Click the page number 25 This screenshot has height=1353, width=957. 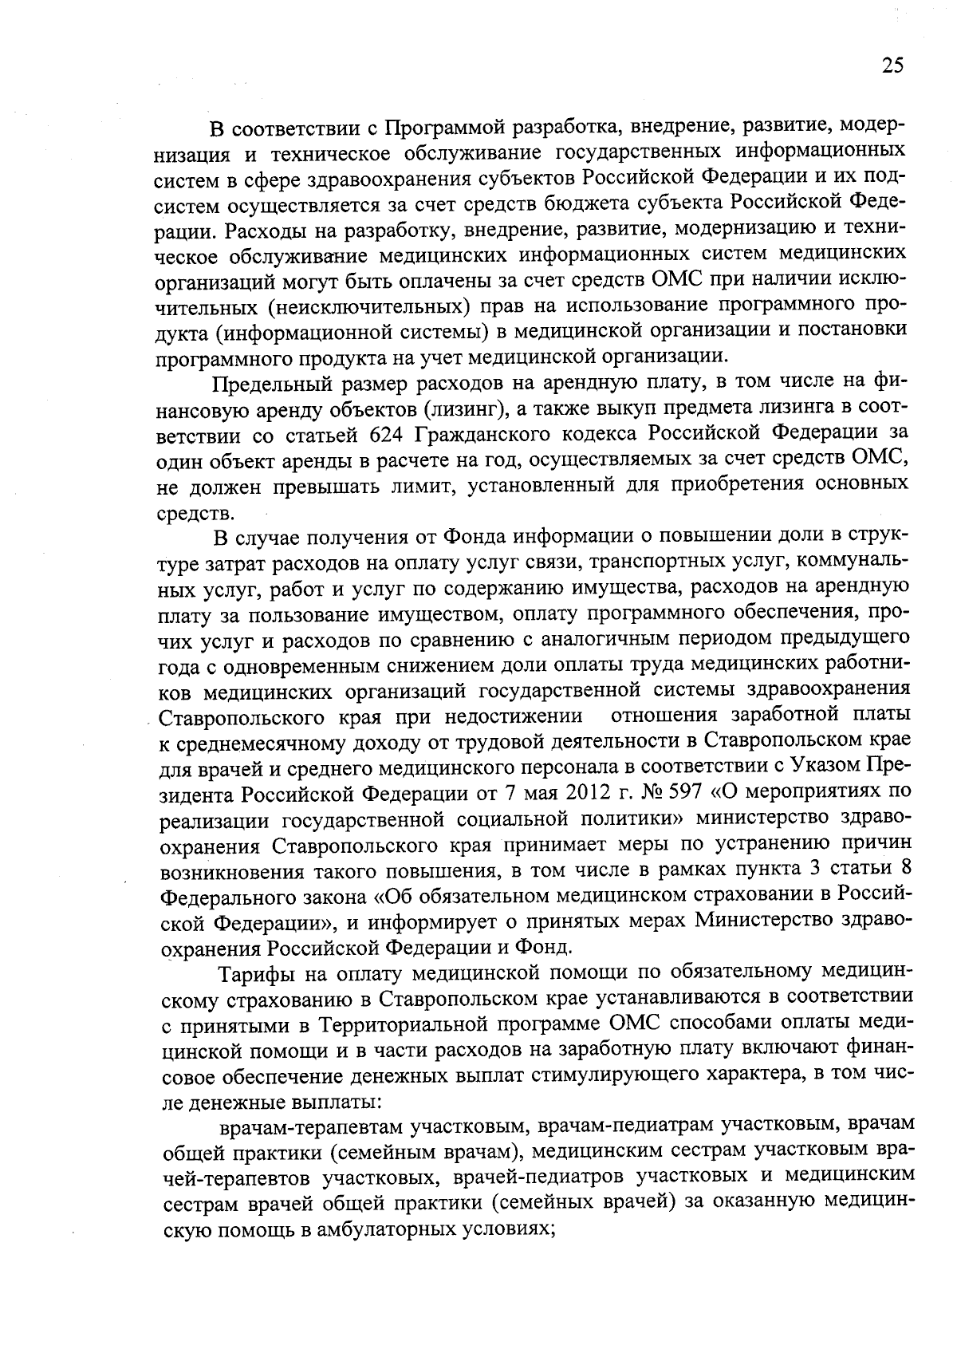point(892,65)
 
